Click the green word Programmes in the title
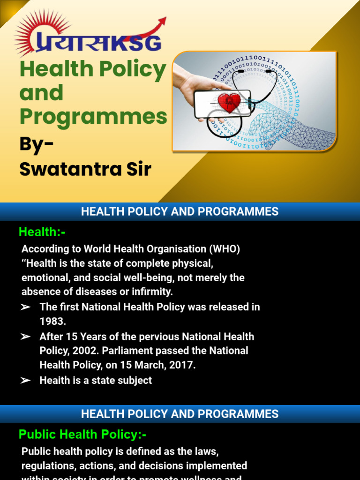coord(93,116)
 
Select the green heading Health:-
coord(42,232)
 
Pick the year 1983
coord(52,322)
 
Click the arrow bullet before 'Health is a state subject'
coord(26,381)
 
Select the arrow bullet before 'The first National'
coord(26,307)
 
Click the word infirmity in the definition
coord(153,292)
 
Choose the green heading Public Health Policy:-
coord(82,435)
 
